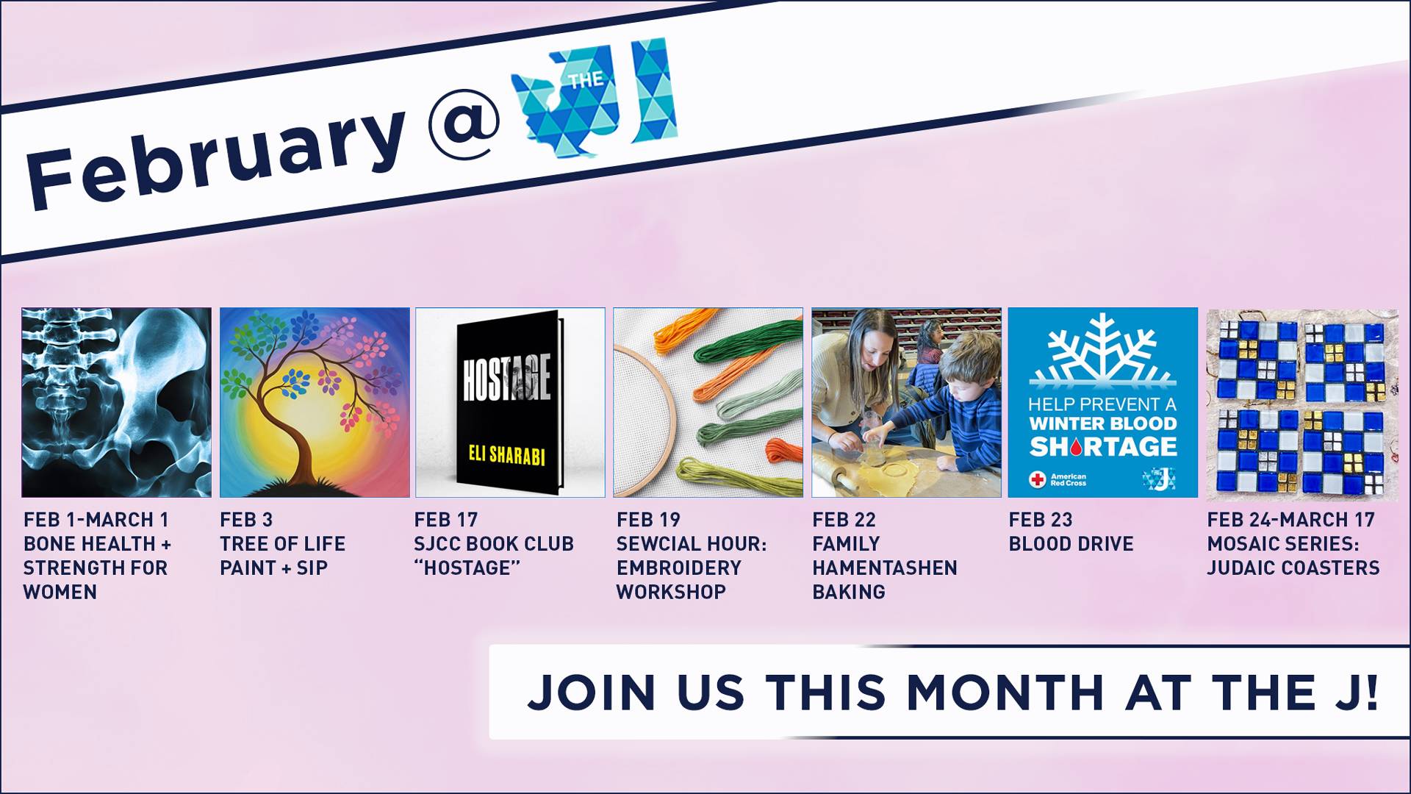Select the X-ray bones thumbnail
click(116, 402)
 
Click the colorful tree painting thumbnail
click(315, 402)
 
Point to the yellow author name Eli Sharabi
click(507, 455)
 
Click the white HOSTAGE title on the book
click(506, 379)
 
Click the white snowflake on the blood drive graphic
click(1102, 349)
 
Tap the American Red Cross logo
click(1058, 479)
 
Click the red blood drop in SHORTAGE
click(1077, 446)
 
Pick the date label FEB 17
click(446, 520)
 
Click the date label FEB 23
click(1041, 520)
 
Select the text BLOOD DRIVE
click(1071, 544)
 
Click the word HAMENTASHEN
click(885, 568)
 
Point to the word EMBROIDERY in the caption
click(679, 568)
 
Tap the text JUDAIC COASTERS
click(1293, 568)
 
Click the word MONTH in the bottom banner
click(1005, 692)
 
